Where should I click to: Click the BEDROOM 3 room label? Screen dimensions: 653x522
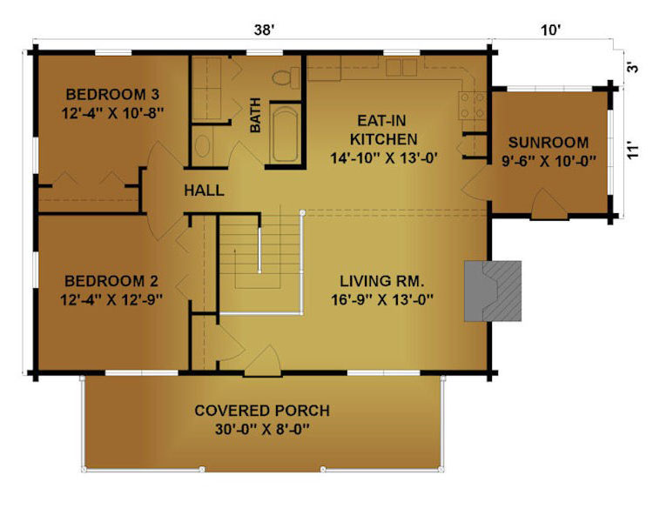click(x=112, y=95)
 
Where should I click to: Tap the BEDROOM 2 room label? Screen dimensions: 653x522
click(x=111, y=281)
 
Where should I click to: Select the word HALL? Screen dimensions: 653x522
click(x=204, y=191)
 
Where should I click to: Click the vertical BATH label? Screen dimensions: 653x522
click(x=255, y=116)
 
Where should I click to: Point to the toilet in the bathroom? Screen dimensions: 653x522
click(x=286, y=77)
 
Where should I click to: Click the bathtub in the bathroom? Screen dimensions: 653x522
click(x=286, y=135)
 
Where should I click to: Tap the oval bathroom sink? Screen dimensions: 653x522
click(x=202, y=145)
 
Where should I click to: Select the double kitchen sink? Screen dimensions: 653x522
click(x=401, y=68)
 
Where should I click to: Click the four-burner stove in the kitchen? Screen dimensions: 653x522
click(x=472, y=106)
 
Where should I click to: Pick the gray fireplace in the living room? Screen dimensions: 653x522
click(x=493, y=291)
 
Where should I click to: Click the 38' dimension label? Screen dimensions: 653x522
click(x=265, y=30)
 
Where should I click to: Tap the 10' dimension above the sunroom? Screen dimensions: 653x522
click(x=551, y=30)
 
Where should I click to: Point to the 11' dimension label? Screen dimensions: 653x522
click(x=633, y=151)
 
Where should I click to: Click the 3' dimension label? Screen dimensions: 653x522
click(x=633, y=68)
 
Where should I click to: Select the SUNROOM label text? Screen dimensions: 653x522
click(x=549, y=143)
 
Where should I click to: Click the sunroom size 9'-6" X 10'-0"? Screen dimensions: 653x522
click(x=549, y=161)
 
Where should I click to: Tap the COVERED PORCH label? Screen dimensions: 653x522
click(x=262, y=411)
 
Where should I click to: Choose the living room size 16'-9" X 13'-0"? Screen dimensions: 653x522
click(x=382, y=299)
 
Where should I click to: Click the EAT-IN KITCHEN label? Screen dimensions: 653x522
click(x=383, y=130)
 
